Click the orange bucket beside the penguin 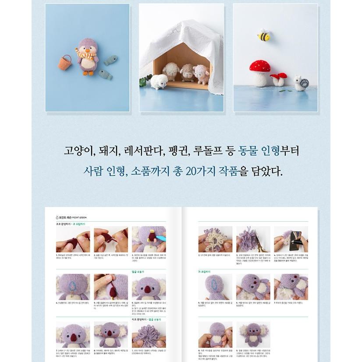pos(65,62)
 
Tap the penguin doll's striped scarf pos(85,54)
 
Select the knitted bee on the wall pos(263,35)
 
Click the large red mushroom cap pos(260,66)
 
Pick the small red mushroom pos(279,76)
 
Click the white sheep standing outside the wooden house pos(159,81)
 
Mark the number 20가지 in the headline pos(200,171)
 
